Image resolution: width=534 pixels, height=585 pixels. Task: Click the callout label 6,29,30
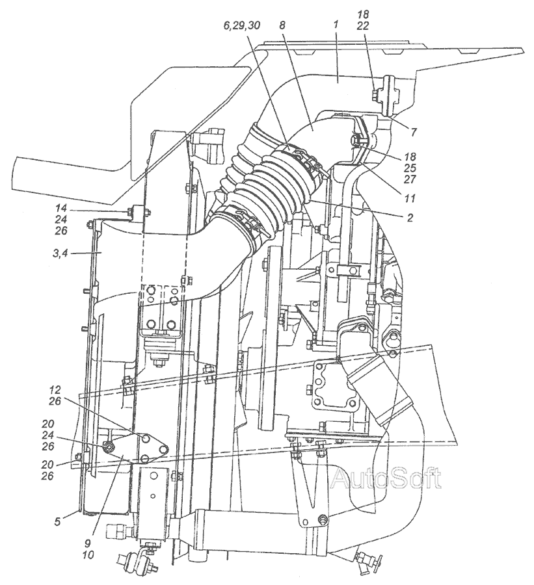tap(241, 25)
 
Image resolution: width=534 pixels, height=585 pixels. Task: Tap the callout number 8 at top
tap(282, 25)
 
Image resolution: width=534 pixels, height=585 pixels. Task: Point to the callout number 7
tap(414, 132)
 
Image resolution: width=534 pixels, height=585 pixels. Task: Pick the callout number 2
tap(410, 218)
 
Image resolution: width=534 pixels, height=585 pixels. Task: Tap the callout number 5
tap(57, 521)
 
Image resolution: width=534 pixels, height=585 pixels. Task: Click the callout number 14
tap(61, 208)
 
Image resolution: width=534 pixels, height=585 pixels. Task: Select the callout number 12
tap(54, 390)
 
